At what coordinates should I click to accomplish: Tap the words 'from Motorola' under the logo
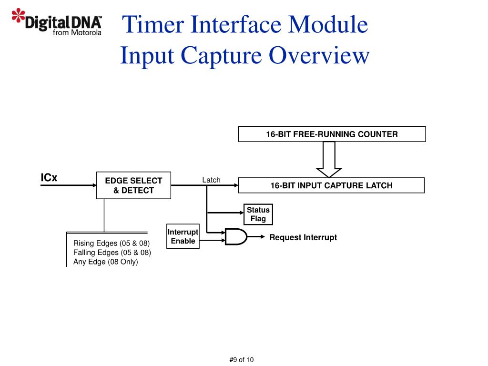click(77, 33)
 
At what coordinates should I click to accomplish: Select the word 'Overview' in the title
click(319, 55)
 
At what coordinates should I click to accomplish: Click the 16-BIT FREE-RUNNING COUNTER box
click(332, 134)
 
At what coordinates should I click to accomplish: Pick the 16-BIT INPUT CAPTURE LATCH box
click(331, 185)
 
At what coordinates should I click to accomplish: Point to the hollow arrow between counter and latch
click(329, 159)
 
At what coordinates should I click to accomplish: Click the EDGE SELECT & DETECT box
click(133, 185)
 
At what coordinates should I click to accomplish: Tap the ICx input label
click(49, 177)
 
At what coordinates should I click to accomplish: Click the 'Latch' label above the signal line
click(211, 180)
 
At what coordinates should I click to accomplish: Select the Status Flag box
click(258, 214)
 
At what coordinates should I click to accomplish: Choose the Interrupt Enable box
click(183, 236)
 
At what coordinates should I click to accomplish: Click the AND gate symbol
click(236, 237)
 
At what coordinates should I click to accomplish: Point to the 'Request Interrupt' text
click(303, 237)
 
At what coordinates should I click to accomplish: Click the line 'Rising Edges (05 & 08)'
click(112, 243)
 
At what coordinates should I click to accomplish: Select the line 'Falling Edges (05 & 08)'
click(112, 253)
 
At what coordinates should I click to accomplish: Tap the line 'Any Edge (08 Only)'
click(105, 262)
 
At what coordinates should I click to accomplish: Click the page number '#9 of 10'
click(242, 360)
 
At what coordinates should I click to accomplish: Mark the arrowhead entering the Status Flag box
click(242, 213)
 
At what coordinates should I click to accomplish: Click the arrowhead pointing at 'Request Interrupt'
click(263, 237)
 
